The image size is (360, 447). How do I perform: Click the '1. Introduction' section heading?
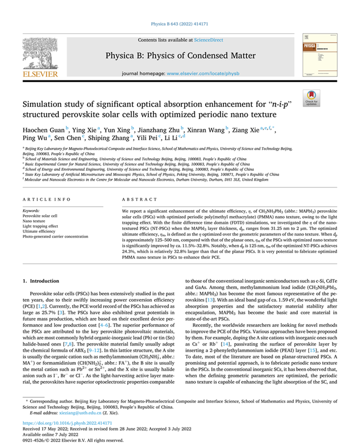click(42, 281)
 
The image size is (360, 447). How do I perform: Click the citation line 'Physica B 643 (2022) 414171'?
click(180, 24)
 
